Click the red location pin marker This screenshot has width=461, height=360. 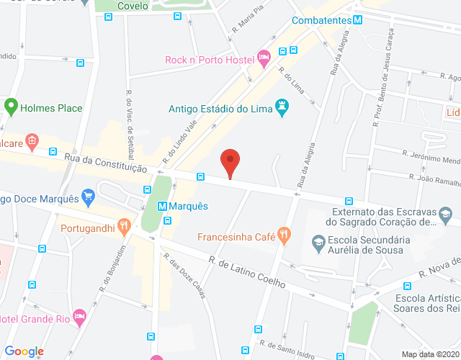pyautogui.click(x=230, y=161)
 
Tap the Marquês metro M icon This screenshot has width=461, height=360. pyautogui.click(x=163, y=206)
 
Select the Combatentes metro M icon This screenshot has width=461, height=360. pyautogui.click(x=357, y=21)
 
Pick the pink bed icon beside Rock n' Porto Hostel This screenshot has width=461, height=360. pyautogui.click(x=264, y=55)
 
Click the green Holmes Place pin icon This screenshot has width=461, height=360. pyautogui.click(x=11, y=108)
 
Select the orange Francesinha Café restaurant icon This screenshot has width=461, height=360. pyautogui.click(x=285, y=233)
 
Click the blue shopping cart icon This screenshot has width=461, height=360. pyautogui.click(x=89, y=195)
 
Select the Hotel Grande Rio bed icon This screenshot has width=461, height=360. pyautogui.click(x=79, y=315)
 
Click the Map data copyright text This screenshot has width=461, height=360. pyautogui.click(x=429, y=354)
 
